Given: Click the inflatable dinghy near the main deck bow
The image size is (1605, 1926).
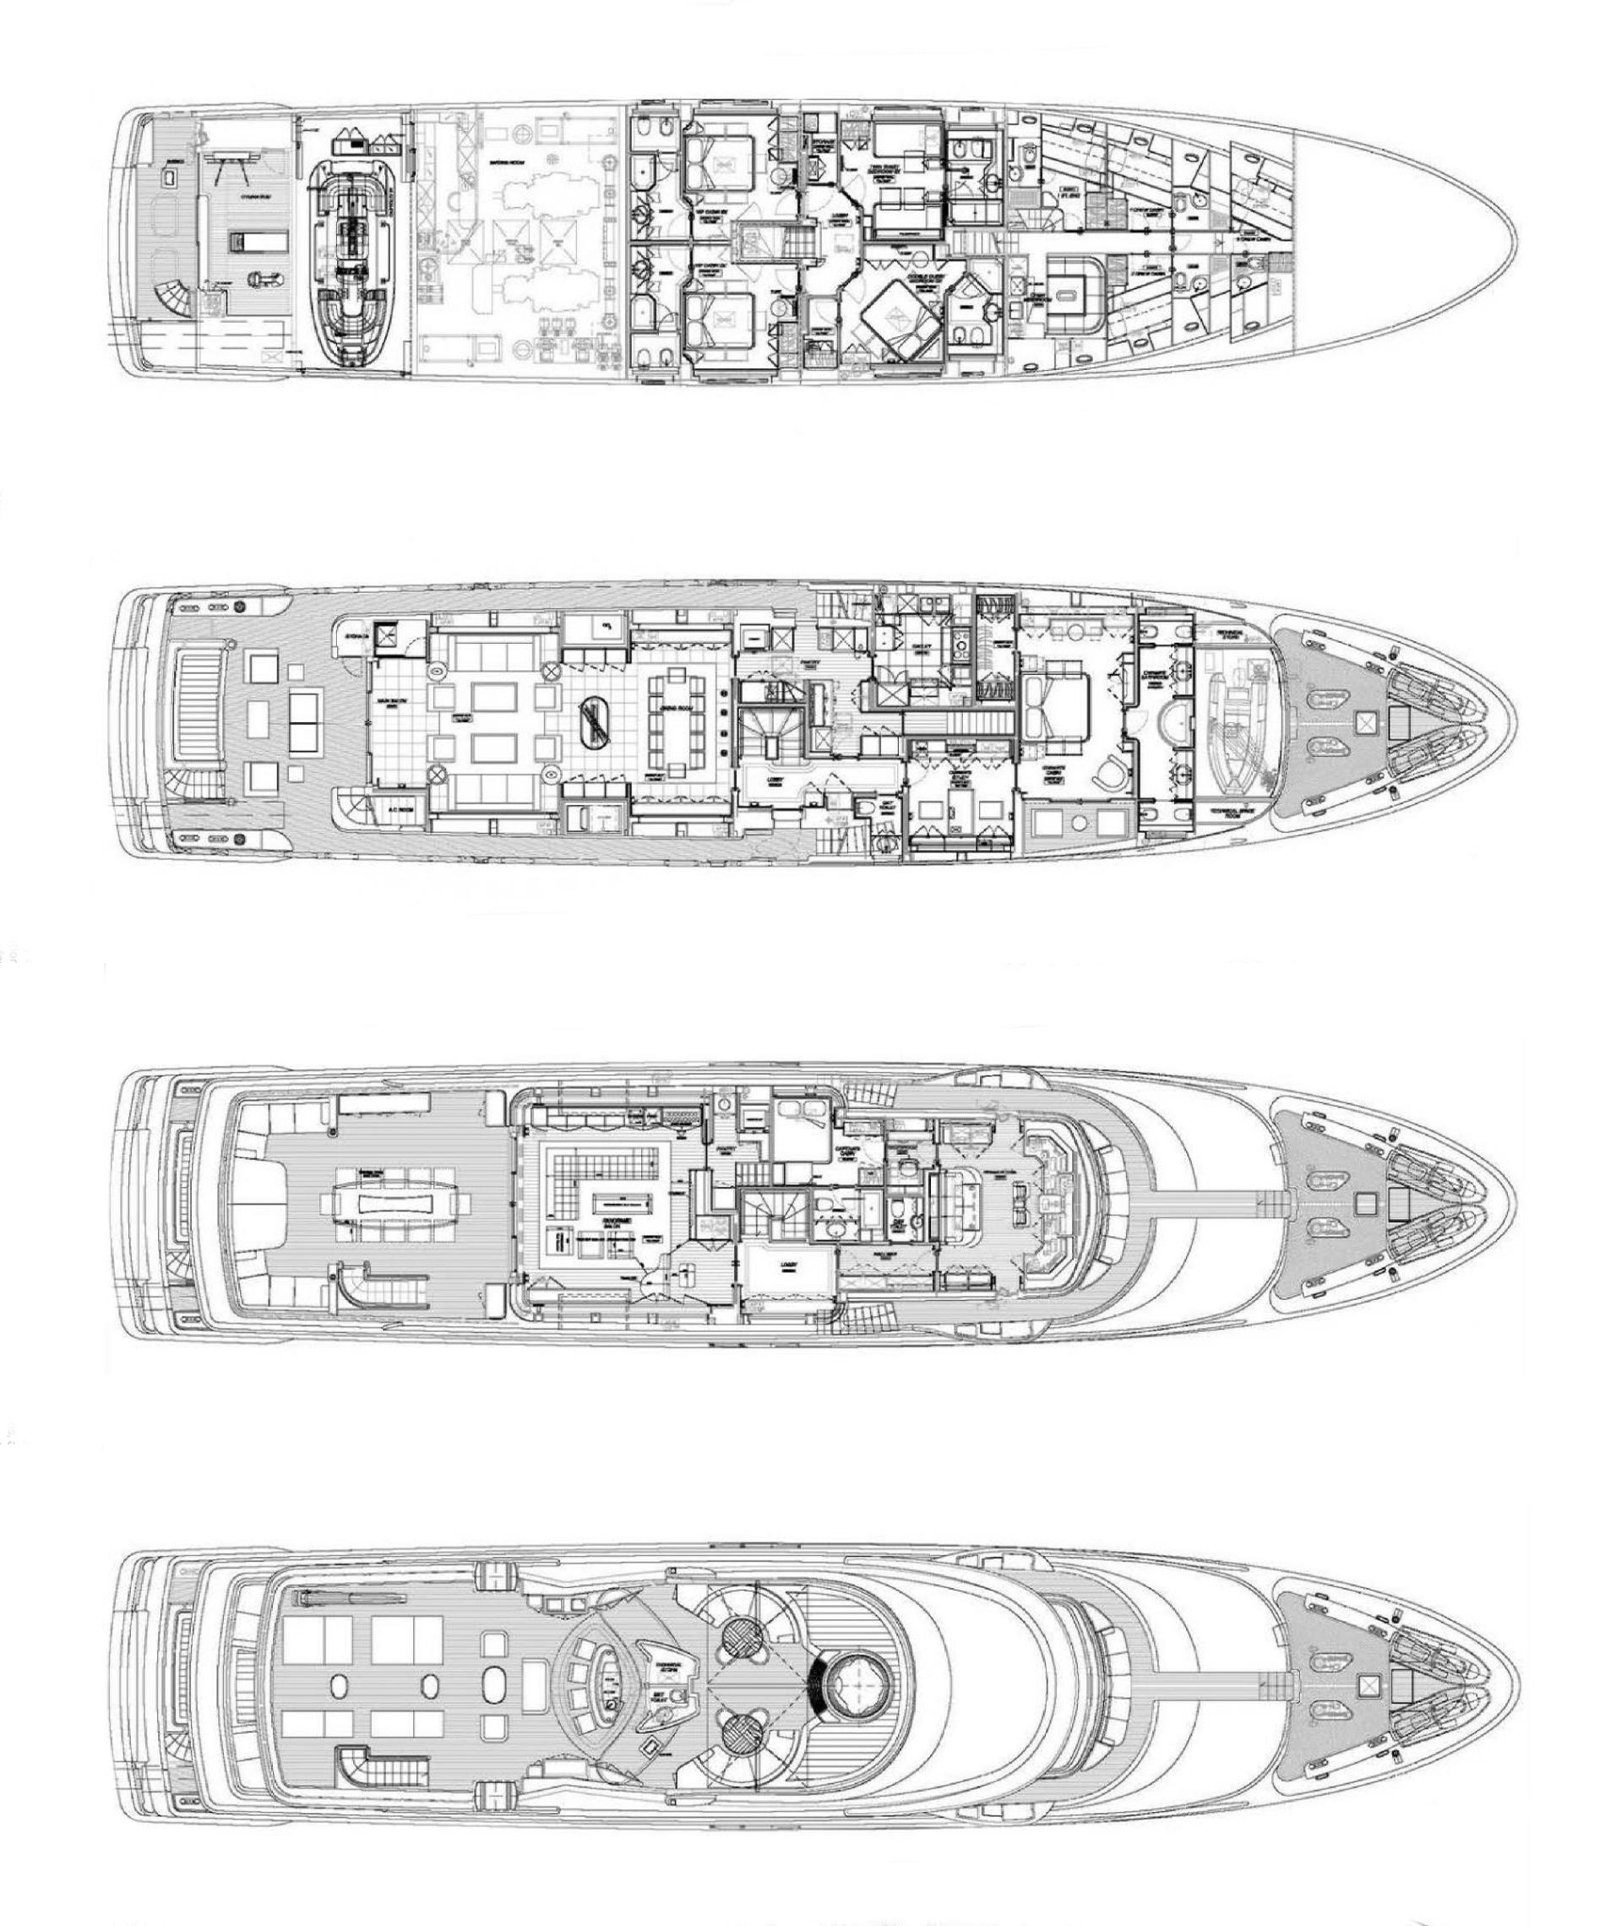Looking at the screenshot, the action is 1233,715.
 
